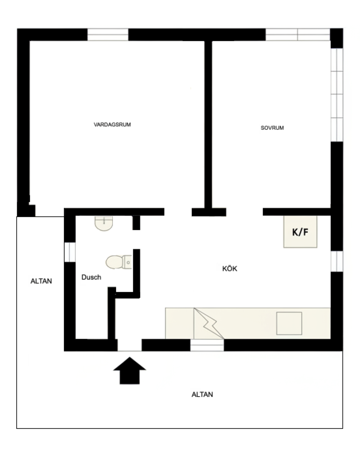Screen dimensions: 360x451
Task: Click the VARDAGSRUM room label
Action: click(x=112, y=124)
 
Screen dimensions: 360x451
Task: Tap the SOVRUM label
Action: click(x=272, y=128)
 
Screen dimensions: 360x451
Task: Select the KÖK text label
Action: click(x=230, y=269)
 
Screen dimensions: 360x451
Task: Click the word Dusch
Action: click(x=91, y=277)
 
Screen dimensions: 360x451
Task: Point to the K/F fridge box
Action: click(x=300, y=231)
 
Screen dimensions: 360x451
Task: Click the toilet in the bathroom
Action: click(x=119, y=262)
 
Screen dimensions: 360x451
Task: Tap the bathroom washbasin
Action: click(x=104, y=223)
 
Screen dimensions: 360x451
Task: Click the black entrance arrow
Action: click(x=129, y=371)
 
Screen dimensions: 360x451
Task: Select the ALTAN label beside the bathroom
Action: click(x=41, y=281)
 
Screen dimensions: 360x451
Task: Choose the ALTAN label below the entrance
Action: click(x=202, y=394)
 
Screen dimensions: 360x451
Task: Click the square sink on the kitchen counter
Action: click(x=289, y=323)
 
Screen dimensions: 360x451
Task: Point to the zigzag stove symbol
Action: click(x=209, y=323)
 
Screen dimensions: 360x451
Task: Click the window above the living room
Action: click(x=108, y=35)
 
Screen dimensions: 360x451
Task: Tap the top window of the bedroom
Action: click(x=297, y=35)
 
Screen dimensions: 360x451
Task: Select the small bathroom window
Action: click(x=70, y=252)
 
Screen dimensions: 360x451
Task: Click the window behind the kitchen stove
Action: click(x=207, y=345)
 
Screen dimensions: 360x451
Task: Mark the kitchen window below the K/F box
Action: click(x=337, y=261)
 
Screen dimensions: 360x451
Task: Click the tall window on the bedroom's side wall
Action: click(x=337, y=95)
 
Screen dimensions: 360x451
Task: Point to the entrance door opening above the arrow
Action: click(x=129, y=345)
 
